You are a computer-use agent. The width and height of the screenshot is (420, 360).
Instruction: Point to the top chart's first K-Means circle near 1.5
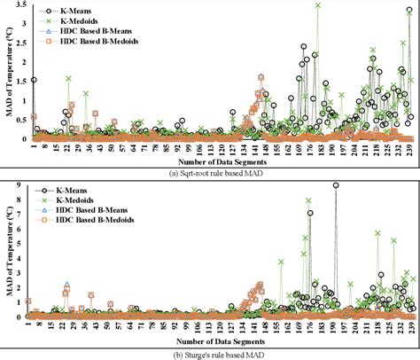click(x=33, y=80)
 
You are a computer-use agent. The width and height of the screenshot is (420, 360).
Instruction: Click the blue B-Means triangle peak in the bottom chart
click(x=66, y=286)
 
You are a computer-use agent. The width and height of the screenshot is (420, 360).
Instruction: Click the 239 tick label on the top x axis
click(x=408, y=149)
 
